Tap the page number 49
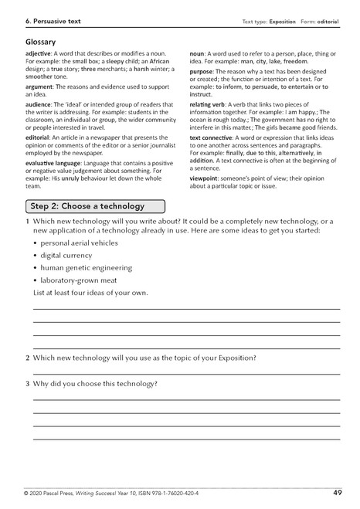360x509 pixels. click(x=338, y=492)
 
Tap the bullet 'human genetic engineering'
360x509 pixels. click(x=87, y=267)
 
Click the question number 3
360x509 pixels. click(x=28, y=384)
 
